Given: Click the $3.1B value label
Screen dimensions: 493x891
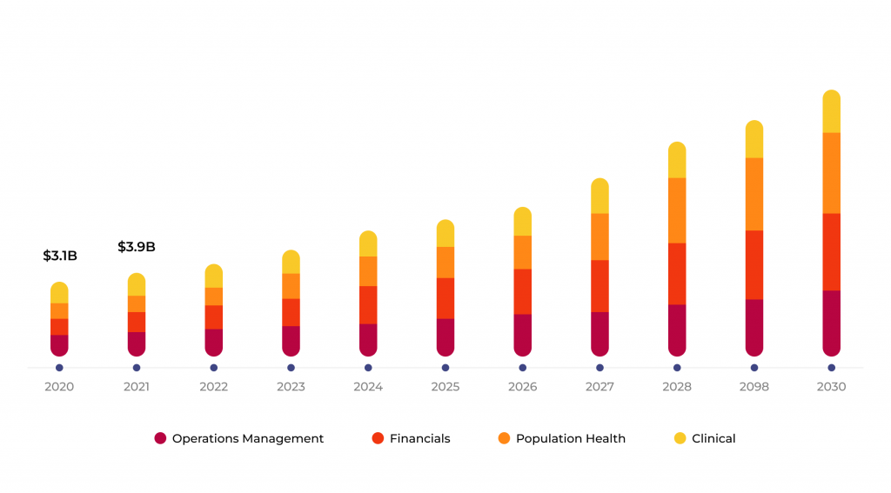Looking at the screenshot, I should coord(60,256).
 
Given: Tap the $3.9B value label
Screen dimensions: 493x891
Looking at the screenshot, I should coord(137,247).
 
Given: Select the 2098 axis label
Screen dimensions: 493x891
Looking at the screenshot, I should coord(754,387).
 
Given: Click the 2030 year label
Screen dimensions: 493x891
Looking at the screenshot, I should coord(831,387).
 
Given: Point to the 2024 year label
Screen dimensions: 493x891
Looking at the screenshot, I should coord(368,387).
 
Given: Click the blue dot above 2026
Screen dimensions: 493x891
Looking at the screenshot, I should coord(522,368).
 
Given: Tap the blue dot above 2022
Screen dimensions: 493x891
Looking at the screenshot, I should coord(213,368).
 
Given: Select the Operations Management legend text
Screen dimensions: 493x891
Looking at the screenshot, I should coord(247,439).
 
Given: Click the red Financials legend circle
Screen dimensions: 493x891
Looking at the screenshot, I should coord(378,439).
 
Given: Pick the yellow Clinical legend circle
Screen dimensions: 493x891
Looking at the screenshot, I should coord(680,439).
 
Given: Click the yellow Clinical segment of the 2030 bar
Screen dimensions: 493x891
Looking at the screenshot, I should coord(831,112).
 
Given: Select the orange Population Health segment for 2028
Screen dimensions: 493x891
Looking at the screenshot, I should coord(677,210).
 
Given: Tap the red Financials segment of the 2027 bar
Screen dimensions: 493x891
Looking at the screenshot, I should coord(600,286).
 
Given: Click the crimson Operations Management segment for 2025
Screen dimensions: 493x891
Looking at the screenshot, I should coord(445,336).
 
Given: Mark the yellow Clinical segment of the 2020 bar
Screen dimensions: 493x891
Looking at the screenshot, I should coord(59,293).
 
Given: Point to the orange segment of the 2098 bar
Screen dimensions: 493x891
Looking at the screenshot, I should coord(754,194).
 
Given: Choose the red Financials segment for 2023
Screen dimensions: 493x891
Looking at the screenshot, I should coord(291,312).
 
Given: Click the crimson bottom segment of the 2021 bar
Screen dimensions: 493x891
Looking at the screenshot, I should coord(137,343).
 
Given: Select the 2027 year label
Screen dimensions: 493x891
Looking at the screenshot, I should coord(600,387).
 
